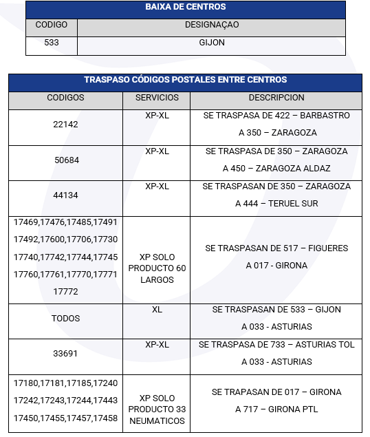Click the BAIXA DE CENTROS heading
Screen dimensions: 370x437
pyautogui.click(x=185, y=8)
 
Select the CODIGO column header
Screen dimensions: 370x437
pyautogui.click(x=52, y=25)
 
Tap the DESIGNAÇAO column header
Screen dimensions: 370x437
pyautogui.click(x=212, y=25)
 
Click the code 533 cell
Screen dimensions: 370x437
pyautogui.click(x=51, y=43)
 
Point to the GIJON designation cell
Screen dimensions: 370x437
pyautogui.click(x=212, y=43)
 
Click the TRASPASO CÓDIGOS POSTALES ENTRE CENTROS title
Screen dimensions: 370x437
pyautogui.click(x=185, y=80)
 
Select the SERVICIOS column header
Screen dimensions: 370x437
pyautogui.click(x=157, y=98)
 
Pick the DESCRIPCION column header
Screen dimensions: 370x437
pyautogui.click(x=276, y=98)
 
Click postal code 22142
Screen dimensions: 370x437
pyautogui.click(x=65, y=125)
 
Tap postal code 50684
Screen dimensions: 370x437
pyautogui.click(x=65, y=160)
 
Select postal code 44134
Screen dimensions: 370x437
pyautogui.click(x=65, y=195)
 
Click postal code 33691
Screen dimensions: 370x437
pyautogui.click(x=65, y=354)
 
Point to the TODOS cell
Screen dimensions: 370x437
pyautogui.click(x=65, y=319)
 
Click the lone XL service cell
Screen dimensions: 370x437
pyautogui.click(x=157, y=310)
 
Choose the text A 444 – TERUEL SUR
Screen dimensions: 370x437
pyautogui.click(x=276, y=204)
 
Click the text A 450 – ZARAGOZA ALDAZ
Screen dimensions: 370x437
pyautogui.click(x=276, y=168)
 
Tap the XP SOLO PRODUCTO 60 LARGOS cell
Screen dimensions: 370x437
pyautogui.click(x=157, y=268)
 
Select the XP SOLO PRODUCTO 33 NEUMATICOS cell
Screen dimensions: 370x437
pyautogui.click(x=157, y=409)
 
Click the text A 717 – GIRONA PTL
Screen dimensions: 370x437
pyautogui.click(x=276, y=409)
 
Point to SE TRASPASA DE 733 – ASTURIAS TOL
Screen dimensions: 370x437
pyautogui.click(x=276, y=344)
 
